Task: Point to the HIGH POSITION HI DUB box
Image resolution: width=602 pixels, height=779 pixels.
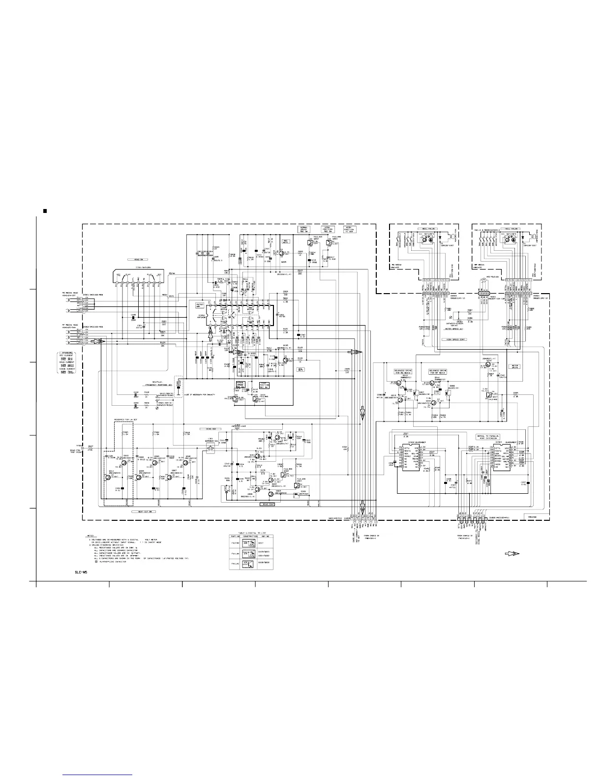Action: (348, 229)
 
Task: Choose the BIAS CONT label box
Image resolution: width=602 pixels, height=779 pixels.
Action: (269, 504)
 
